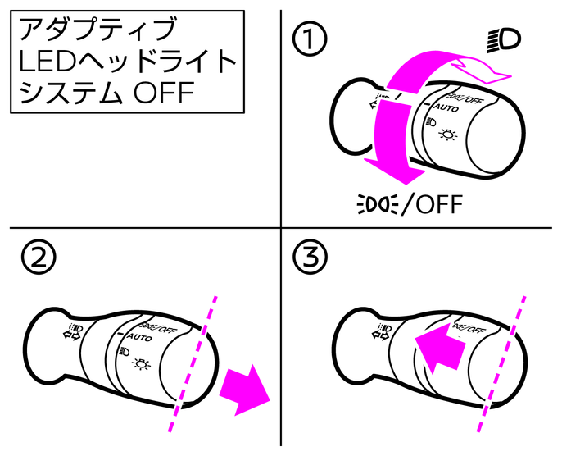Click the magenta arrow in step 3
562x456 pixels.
(439, 345)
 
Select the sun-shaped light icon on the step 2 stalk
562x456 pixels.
(144, 361)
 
